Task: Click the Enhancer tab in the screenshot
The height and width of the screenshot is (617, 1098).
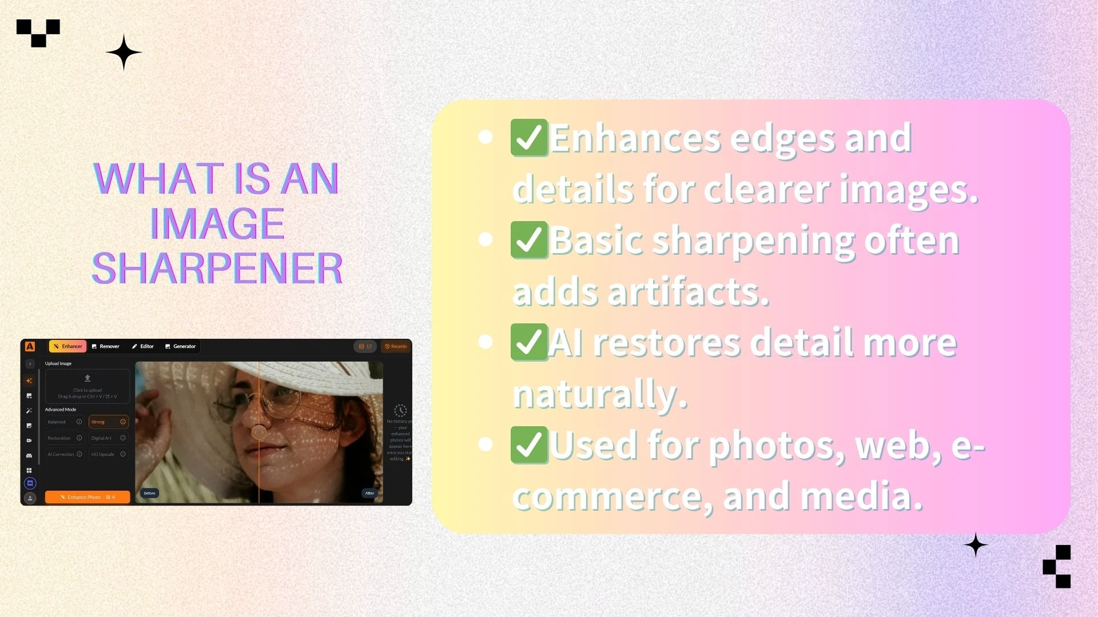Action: click(x=68, y=346)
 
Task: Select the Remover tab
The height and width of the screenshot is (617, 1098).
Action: click(x=106, y=346)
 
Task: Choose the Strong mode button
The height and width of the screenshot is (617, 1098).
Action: click(x=108, y=422)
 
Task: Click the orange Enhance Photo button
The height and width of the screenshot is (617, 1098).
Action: click(x=87, y=497)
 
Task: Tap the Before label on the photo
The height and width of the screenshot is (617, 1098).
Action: click(x=149, y=493)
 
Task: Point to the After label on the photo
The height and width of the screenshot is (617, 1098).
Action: click(x=369, y=493)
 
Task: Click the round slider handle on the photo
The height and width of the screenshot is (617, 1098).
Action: click(x=259, y=432)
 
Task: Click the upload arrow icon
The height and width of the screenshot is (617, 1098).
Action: click(x=87, y=378)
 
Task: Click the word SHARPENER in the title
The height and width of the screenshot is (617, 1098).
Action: click(x=217, y=269)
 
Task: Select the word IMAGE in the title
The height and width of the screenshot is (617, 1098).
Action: click(x=217, y=223)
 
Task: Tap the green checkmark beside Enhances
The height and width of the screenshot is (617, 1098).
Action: click(x=529, y=138)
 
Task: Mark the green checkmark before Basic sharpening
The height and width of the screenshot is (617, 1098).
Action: click(x=529, y=240)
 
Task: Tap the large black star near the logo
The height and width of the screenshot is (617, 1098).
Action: click(x=124, y=52)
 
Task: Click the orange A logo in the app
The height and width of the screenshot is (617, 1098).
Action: click(x=30, y=346)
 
